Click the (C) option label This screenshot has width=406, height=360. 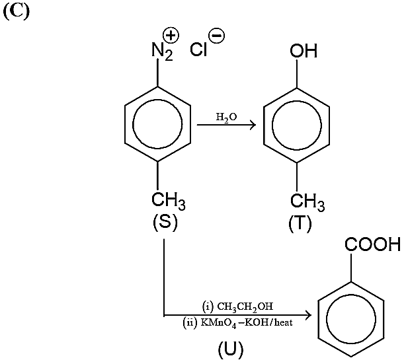click(x=17, y=12)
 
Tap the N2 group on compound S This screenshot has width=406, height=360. click(x=162, y=52)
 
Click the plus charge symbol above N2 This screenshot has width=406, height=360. click(x=171, y=36)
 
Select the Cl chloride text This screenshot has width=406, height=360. click(x=198, y=50)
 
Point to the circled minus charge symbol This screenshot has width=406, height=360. click(x=217, y=36)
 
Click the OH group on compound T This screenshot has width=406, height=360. click(x=304, y=50)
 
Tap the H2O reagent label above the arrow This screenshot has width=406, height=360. click(x=226, y=118)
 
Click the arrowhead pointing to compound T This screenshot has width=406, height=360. click(x=253, y=125)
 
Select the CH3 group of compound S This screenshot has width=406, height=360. click(x=169, y=201)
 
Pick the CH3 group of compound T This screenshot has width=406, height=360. click(x=307, y=202)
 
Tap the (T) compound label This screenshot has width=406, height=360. click(x=300, y=223)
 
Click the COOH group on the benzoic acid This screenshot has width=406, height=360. click(x=372, y=244)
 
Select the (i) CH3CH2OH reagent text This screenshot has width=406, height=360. click(x=237, y=306)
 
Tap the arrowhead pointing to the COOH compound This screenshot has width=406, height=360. click(x=307, y=315)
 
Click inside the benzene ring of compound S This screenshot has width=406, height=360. click(x=157, y=124)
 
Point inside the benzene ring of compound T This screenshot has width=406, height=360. click(x=297, y=125)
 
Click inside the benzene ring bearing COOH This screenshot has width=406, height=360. click(x=351, y=319)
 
